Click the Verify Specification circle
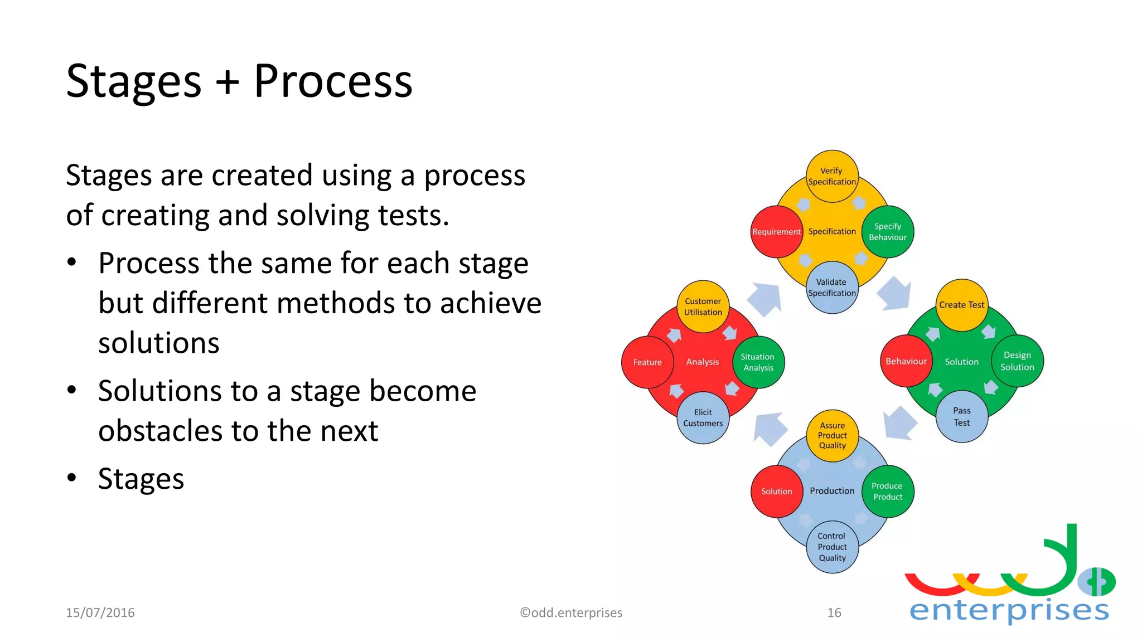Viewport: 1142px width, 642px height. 832,176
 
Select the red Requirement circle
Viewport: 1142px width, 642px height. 776,232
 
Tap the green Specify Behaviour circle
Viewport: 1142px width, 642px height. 888,232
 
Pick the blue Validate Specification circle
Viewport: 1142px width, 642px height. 832,288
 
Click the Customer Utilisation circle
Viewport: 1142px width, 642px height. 703,307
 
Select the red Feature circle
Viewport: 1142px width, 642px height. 647,362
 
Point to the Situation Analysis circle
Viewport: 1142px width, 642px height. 758,362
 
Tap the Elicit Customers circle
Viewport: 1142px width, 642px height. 703,418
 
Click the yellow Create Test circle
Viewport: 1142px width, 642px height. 961,305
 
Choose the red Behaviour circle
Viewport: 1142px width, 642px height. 906,361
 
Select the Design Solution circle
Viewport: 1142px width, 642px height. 1017,361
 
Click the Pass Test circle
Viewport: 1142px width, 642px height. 961,417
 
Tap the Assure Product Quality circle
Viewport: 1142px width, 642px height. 832,435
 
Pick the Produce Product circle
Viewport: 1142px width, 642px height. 888,491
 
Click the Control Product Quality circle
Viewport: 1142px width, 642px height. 832,547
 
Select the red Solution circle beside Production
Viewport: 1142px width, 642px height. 776,491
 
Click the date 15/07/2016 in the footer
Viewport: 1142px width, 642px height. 100,612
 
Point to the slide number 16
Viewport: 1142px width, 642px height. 834,612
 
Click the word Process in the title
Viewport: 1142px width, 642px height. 333,81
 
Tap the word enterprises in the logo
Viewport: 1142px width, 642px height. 1009,610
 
